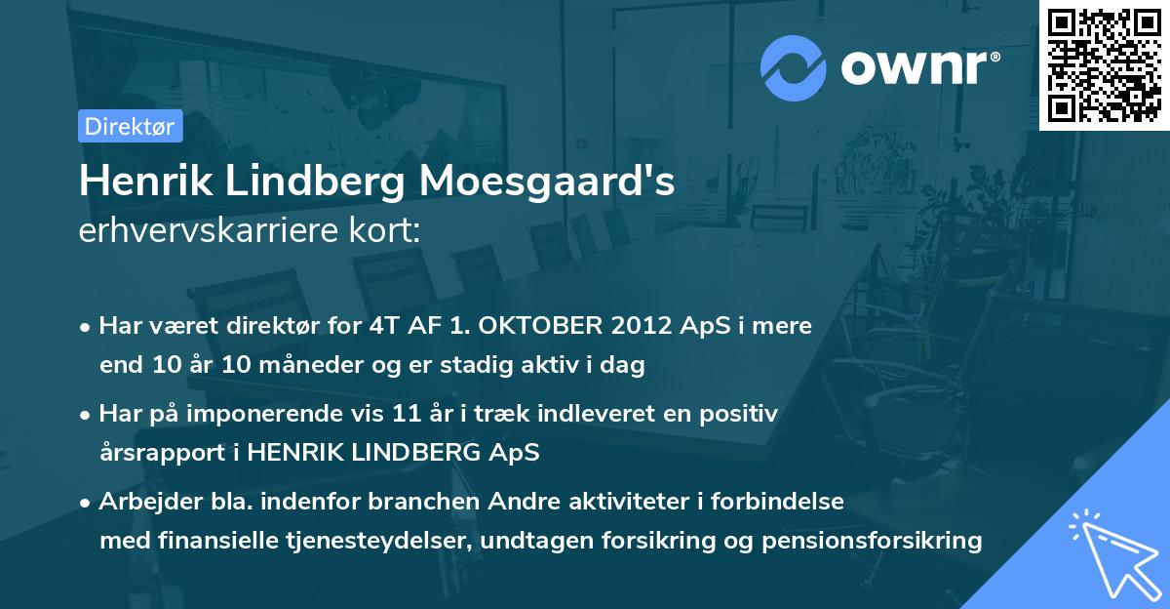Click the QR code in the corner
[x=1104, y=64]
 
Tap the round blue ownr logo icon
[x=792, y=68]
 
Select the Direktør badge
[x=130, y=126]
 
